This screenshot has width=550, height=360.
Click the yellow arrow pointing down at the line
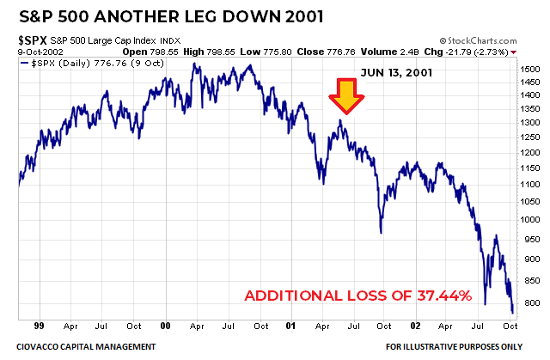pos(347,96)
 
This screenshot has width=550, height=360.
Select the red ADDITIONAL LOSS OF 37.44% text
pos(358,296)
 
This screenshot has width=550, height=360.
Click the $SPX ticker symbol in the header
pos(33,40)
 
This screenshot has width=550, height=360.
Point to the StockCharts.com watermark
pos(487,40)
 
